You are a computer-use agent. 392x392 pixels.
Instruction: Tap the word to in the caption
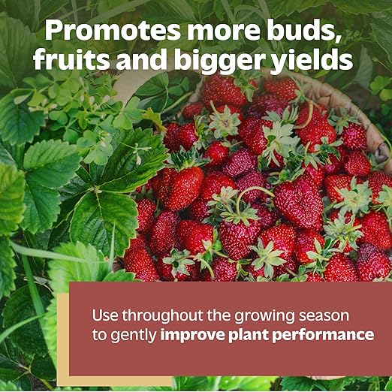pos(99,335)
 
